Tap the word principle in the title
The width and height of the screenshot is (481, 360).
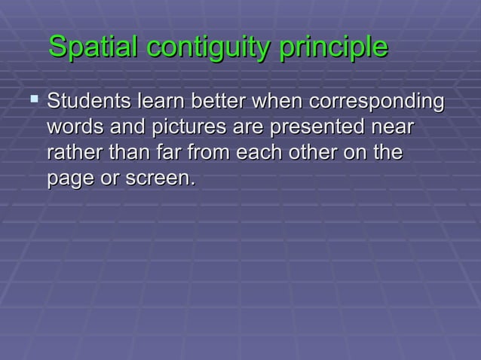click(333, 48)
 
